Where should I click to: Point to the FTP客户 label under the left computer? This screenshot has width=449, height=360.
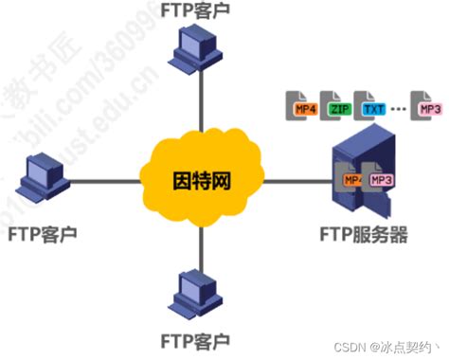39,232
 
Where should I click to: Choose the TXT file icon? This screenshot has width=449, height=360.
370,105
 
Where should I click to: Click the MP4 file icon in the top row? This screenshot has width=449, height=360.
304,105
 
